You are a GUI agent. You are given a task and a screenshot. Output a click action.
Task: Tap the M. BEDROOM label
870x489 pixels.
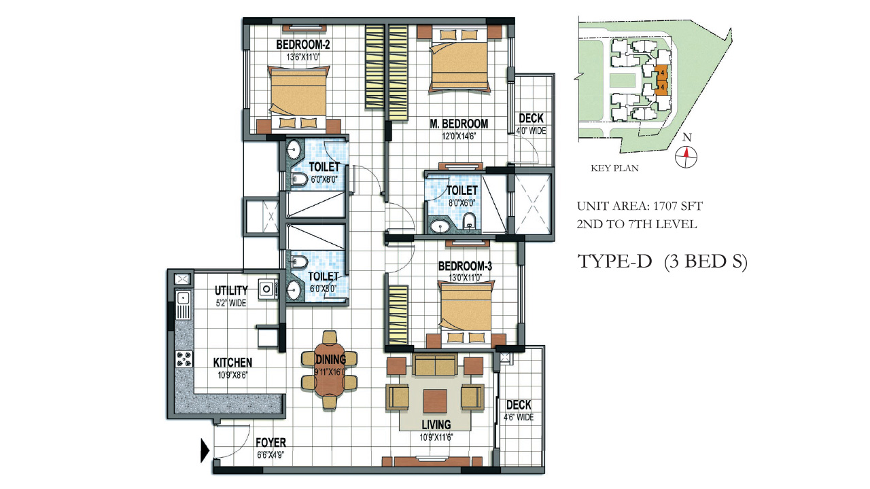[459, 124]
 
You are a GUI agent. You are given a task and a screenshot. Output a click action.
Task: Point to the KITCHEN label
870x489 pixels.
[232, 363]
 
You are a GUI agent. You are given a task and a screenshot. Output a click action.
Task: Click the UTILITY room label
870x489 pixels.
[231, 291]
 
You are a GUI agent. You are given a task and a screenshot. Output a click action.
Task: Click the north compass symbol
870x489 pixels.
[687, 154]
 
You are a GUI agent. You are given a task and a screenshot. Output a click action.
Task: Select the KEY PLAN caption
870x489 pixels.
[616, 168]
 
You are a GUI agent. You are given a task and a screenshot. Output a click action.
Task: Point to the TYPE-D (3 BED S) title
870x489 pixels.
[662, 262]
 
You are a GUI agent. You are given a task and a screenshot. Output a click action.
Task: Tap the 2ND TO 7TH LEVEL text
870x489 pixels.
[637, 224]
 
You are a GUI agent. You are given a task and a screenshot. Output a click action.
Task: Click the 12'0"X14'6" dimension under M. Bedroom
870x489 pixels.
[459, 135]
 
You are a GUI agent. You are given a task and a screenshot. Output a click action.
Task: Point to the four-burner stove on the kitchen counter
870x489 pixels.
[184, 358]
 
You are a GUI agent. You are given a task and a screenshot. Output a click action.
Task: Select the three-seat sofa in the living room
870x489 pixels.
[435, 366]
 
